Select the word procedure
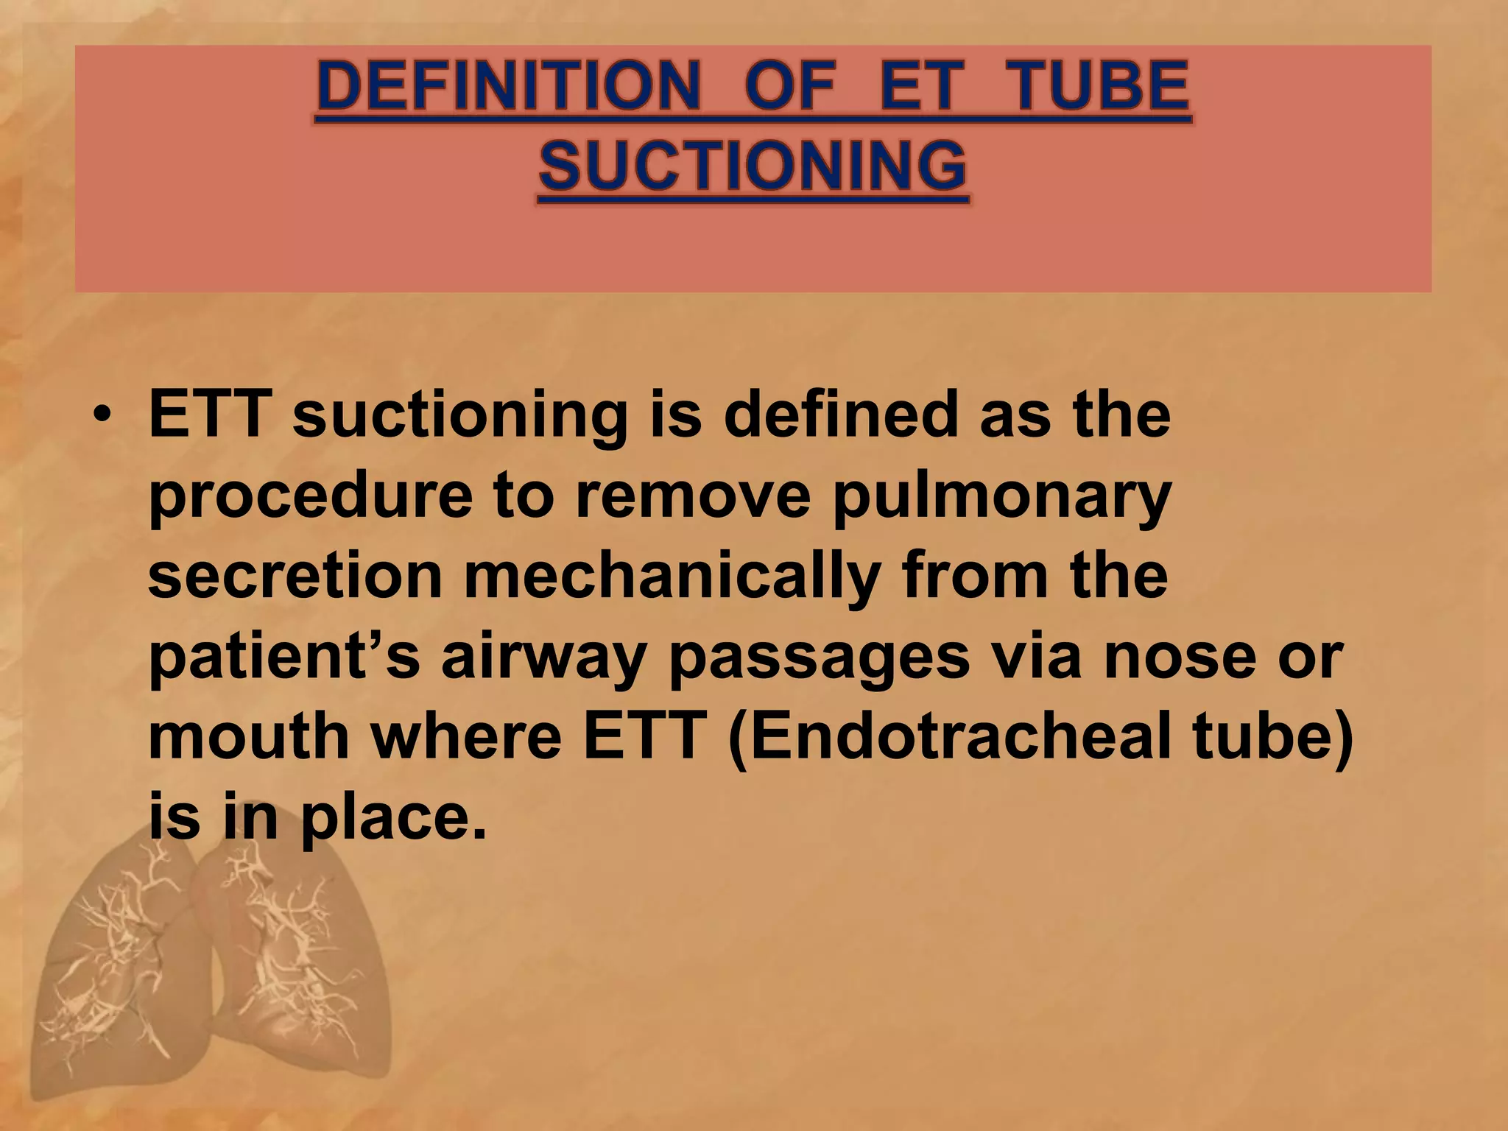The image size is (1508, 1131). click(x=310, y=495)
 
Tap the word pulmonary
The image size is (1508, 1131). click(x=1001, y=495)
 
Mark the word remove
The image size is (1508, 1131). click(x=693, y=495)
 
